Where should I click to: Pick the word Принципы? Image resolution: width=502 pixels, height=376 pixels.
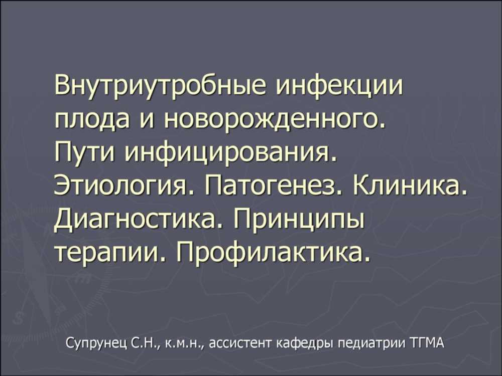pyautogui.click(x=299, y=221)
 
